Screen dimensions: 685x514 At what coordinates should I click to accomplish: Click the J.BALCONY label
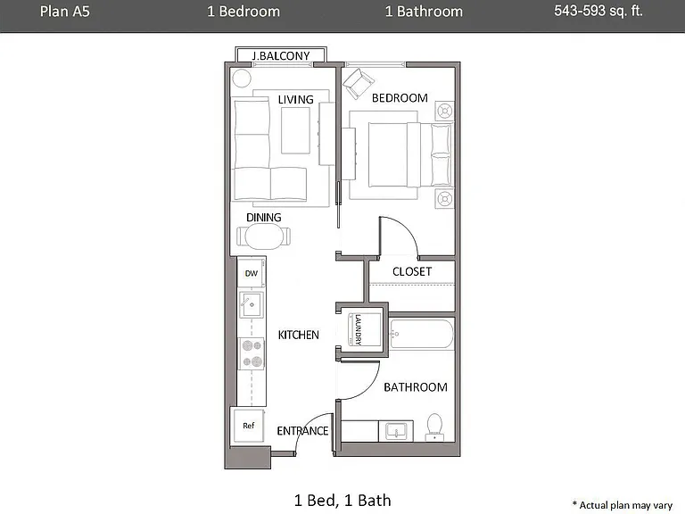(281, 56)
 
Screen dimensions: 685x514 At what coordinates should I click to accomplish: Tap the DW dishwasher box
(252, 273)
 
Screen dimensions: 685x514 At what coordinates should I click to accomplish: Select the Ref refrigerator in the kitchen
(249, 426)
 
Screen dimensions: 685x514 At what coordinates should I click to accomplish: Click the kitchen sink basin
(252, 304)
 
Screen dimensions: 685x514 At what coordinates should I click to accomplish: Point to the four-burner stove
(252, 353)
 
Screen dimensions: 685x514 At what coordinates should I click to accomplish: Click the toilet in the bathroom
(434, 427)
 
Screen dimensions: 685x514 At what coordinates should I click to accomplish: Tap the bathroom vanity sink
(396, 431)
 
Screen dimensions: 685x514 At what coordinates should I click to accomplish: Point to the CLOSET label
(412, 272)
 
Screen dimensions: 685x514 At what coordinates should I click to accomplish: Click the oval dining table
(263, 236)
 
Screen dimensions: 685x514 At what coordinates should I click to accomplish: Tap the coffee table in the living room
(296, 130)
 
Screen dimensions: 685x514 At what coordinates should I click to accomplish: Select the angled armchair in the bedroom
(359, 84)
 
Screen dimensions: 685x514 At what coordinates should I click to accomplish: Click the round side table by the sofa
(241, 79)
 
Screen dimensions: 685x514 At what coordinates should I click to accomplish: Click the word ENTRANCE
(302, 431)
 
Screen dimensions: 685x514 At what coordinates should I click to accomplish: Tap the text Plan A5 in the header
(64, 12)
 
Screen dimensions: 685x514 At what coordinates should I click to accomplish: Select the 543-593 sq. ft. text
(598, 11)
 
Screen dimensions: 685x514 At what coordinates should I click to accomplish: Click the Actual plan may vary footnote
(623, 505)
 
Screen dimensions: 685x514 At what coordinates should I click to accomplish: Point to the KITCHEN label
(299, 336)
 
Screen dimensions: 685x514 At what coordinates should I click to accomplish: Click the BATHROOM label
(416, 387)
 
